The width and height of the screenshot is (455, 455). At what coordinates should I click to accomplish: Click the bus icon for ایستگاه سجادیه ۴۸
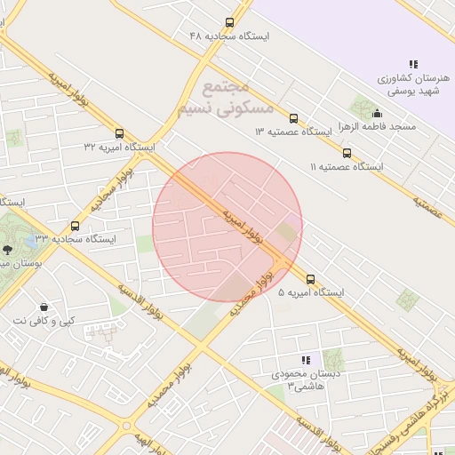[230, 22]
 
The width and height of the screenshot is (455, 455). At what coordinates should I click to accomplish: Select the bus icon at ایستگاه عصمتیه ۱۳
[294, 117]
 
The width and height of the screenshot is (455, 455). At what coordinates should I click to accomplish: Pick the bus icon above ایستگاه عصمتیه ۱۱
[347, 152]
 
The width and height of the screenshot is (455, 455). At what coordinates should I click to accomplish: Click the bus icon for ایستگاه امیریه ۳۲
[120, 132]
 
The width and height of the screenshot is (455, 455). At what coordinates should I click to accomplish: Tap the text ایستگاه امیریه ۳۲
[119, 147]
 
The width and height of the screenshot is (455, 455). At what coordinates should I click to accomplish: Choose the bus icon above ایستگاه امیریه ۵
[310, 278]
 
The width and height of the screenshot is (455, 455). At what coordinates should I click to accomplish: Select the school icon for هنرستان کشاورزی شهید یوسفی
[413, 64]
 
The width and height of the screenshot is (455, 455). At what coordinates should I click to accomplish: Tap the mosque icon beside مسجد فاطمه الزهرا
[379, 113]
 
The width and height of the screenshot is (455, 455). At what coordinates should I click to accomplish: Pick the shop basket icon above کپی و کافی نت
[43, 307]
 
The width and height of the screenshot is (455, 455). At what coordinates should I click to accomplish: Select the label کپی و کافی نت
[43, 320]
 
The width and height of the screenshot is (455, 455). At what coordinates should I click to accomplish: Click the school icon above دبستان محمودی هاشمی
[306, 360]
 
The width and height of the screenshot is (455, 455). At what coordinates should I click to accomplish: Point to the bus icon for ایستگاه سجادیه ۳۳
[75, 226]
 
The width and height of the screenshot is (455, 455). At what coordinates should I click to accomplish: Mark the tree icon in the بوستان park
[8, 251]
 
